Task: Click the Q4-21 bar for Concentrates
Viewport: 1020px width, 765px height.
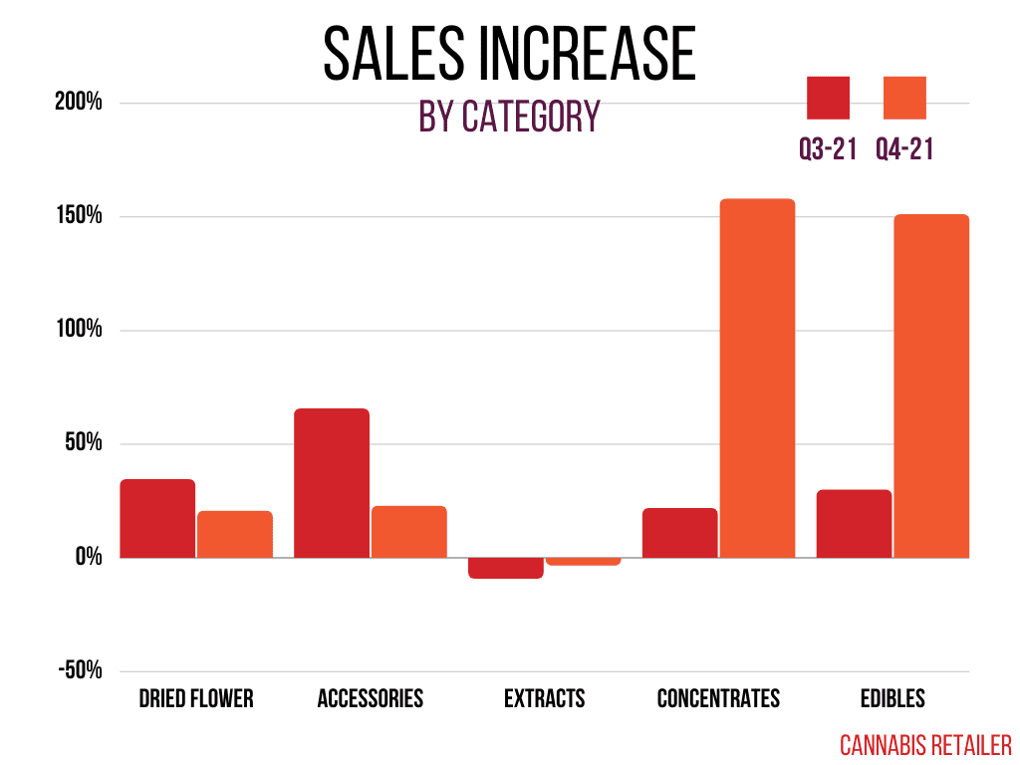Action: pos(757,378)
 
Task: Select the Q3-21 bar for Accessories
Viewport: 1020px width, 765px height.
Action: pos(332,483)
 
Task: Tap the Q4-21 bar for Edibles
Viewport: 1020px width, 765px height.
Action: pos(931,385)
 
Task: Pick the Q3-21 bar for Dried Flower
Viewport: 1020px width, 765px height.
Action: pos(157,518)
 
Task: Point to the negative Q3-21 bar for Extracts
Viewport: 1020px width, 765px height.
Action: pos(506,568)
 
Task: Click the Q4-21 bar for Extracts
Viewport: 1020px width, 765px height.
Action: pos(584,562)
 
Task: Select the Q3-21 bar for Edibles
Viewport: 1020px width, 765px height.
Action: pos(854,523)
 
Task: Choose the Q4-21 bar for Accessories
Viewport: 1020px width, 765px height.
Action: pos(409,531)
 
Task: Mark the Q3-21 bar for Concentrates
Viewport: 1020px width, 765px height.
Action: pos(680,532)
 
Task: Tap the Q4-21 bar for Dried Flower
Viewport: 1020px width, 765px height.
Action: pos(235,534)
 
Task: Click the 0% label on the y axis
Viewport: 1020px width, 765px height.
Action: pos(88,557)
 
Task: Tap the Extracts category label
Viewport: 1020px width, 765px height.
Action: pos(544,698)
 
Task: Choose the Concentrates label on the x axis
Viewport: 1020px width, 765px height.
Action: pos(718,698)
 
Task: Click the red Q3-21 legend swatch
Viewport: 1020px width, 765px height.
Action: pos(828,98)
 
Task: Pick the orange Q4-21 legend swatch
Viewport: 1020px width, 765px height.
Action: pos(904,98)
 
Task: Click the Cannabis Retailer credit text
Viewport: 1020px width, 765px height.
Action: pos(925,744)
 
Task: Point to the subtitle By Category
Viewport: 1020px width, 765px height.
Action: pos(509,117)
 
